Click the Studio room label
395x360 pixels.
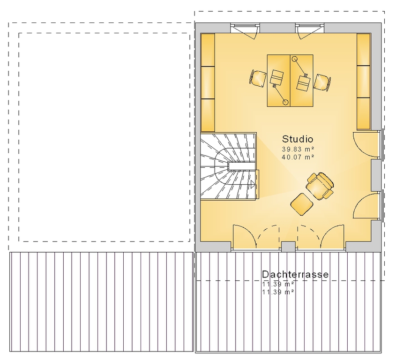(x=298, y=139)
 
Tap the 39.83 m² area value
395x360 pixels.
(x=298, y=149)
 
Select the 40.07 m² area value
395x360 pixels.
(x=298, y=157)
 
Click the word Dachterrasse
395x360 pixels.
(x=295, y=274)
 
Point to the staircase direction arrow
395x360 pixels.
(x=253, y=185)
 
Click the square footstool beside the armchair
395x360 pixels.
(x=302, y=204)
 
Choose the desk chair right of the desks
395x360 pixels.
(x=322, y=82)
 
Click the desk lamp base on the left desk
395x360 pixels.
(x=285, y=102)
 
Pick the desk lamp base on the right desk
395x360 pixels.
(x=294, y=59)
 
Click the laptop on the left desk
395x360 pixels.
(x=276, y=77)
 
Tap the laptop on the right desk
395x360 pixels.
(x=304, y=83)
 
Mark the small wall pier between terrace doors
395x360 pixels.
(x=288, y=247)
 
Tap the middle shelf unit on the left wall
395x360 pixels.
(x=208, y=82)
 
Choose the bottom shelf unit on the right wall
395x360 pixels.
(x=364, y=114)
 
